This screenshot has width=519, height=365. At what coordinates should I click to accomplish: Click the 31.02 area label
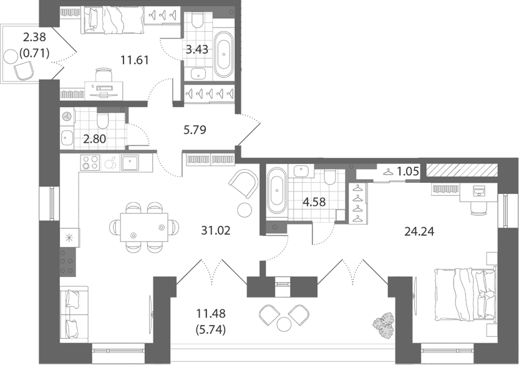point(215,230)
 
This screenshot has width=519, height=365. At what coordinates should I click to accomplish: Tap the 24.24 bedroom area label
point(419,231)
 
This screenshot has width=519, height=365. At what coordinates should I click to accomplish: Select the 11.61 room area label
point(134,61)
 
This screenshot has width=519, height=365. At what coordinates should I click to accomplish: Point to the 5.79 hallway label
point(195,130)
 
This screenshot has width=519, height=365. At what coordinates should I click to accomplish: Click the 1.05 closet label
point(408,171)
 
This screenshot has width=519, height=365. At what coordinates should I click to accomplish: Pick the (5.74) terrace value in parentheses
point(211,329)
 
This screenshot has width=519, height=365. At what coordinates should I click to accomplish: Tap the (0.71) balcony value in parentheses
point(34,52)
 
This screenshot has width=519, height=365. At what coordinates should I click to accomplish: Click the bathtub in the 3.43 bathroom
point(224,55)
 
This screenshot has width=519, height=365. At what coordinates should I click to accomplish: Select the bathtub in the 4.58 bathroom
point(277,192)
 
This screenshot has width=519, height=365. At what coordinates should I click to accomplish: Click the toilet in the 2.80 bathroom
point(102,121)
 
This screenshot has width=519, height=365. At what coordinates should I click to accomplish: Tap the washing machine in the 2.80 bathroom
point(67,117)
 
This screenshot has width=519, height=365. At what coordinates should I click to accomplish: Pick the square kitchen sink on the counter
point(130,163)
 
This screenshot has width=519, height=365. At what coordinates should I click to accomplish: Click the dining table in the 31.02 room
point(144,228)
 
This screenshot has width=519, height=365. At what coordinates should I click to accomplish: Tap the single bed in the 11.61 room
point(113,21)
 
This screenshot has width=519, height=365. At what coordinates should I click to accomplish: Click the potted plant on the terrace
point(383,326)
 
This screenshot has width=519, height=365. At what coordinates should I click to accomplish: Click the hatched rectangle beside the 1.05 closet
point(462,170)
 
